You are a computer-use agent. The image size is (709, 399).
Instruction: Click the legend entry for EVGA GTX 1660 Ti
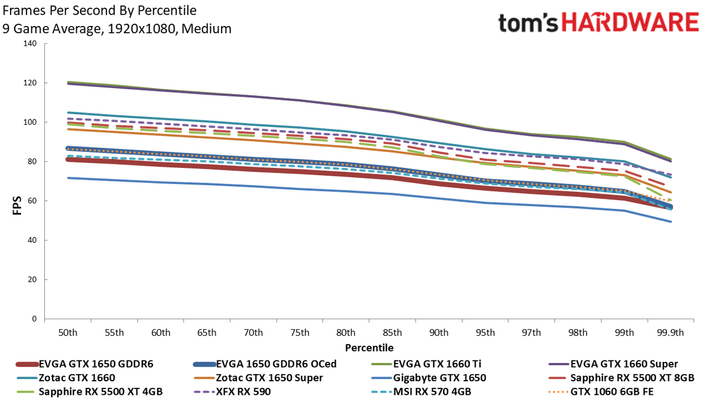427,364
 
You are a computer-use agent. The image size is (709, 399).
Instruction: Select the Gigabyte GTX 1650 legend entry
428,378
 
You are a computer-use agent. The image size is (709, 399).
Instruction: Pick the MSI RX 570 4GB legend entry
421,392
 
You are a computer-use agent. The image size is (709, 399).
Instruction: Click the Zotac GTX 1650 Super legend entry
258,378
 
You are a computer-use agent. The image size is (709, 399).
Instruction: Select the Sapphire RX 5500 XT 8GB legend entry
622,378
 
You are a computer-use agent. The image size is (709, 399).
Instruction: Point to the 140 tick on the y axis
30,43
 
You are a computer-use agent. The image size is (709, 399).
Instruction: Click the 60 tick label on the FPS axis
32,201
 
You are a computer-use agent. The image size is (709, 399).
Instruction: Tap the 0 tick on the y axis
34,319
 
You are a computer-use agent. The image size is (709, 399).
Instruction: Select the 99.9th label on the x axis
671,332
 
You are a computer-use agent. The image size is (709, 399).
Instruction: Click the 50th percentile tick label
68,332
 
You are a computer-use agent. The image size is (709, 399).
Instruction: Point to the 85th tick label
392,332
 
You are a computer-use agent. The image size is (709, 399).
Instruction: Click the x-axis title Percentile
369,348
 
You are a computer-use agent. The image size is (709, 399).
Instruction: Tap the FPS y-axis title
17,206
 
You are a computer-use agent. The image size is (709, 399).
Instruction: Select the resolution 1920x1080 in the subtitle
141,29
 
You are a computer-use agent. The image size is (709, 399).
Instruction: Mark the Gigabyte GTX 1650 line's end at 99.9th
671,222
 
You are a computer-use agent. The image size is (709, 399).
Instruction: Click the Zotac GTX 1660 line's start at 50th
68,112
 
